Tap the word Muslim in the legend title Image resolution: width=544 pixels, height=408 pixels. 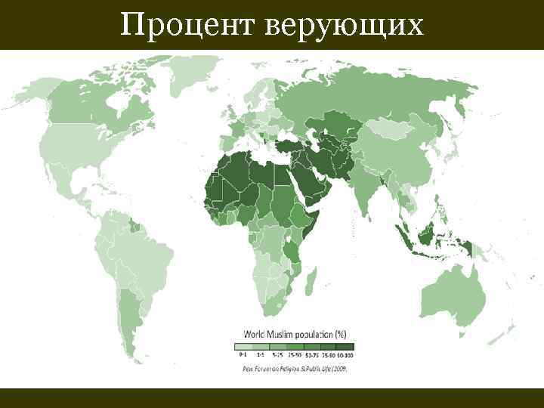click(283, 333)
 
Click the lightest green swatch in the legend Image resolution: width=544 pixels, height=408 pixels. click(243, 346)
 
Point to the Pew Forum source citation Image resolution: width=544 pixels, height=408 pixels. click(299, 368)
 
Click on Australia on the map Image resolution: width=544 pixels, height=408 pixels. click(449, 291)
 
